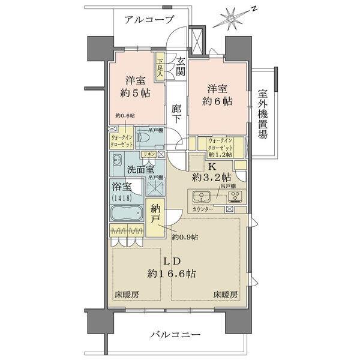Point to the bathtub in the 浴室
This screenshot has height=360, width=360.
pos(126,213)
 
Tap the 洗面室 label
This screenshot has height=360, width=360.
pos(137,170)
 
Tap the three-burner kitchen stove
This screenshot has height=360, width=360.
pos(235,196)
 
